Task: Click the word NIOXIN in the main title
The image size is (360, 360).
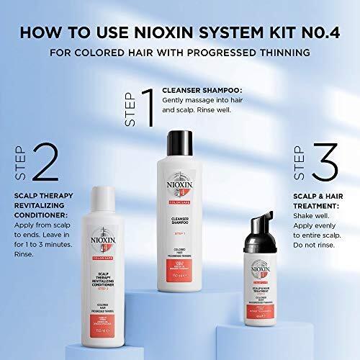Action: (192, 32)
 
